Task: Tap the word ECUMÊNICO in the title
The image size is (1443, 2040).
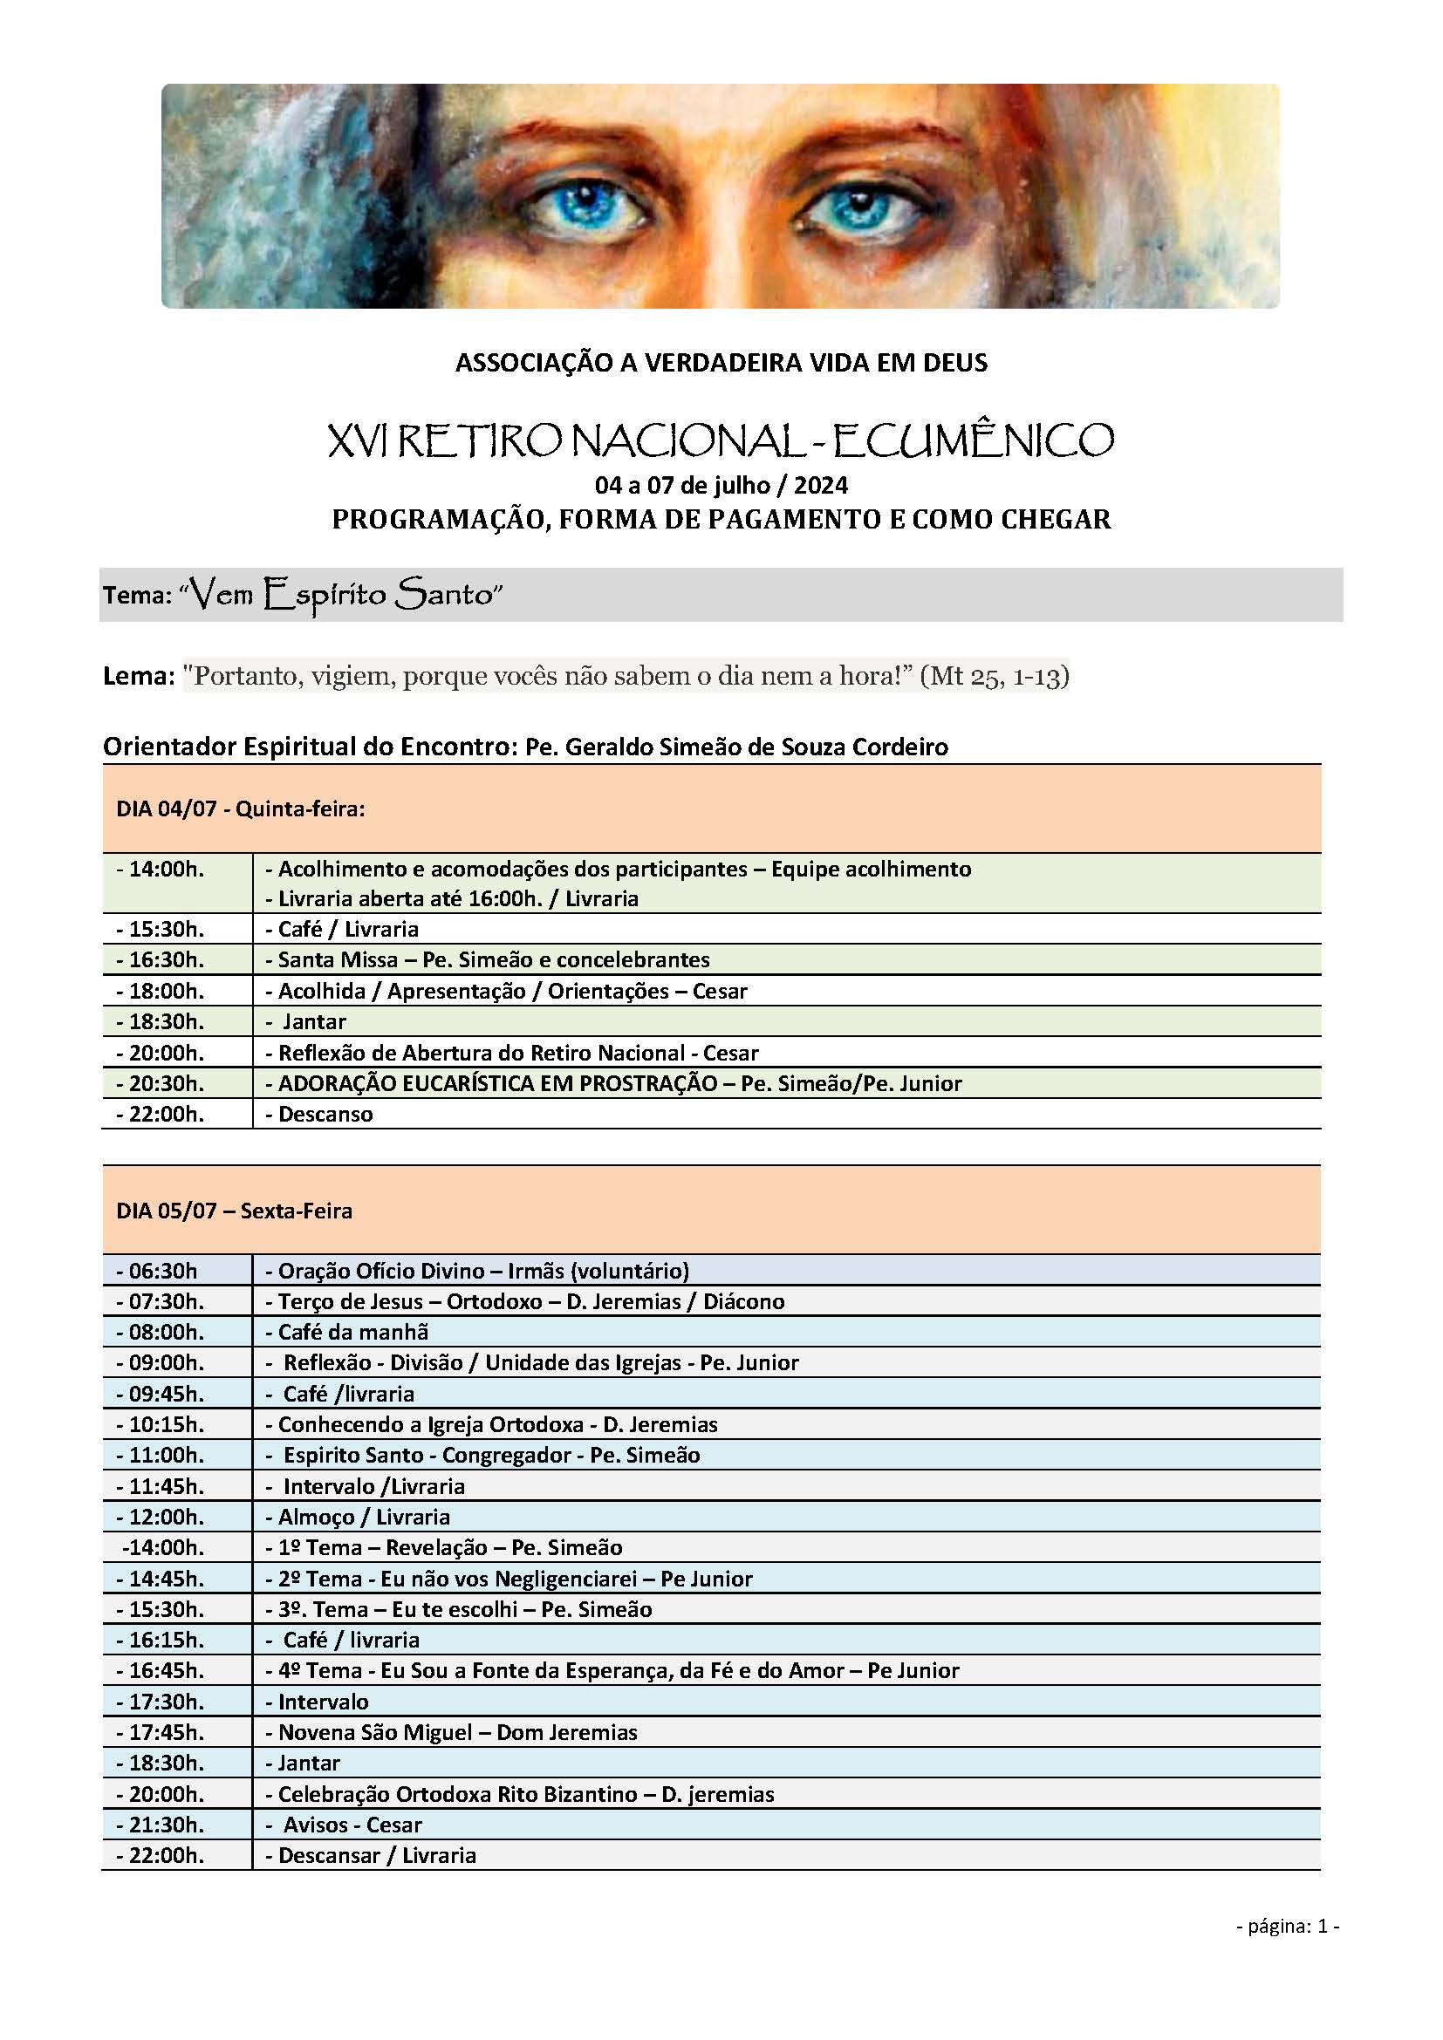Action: click(974, 440)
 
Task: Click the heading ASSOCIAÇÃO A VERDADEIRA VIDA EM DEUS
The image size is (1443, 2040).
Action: click(721, 363)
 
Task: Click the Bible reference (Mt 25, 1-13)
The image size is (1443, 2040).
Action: click(995, 676)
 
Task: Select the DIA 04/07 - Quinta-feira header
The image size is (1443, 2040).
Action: click(241, 808)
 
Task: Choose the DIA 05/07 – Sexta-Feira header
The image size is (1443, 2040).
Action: click(235, 1211)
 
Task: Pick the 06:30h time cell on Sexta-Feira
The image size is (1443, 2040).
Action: click(162, 1271)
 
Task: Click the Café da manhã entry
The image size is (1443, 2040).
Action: click(352, 1332)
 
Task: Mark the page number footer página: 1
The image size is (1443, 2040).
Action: click(1287, 1927)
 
